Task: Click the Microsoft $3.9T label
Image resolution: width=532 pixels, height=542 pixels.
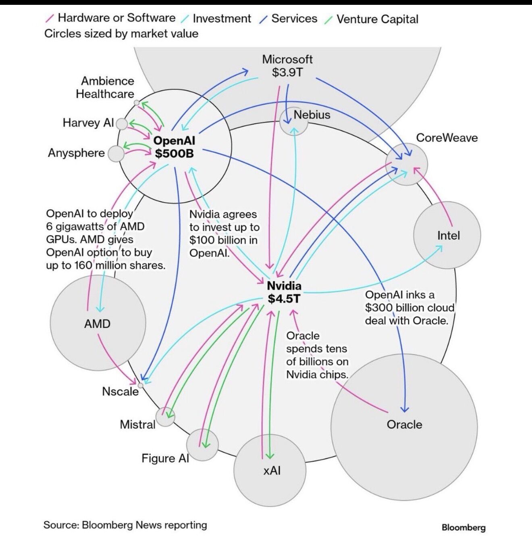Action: tap(287, 66)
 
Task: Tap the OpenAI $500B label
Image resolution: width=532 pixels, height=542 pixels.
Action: tap(174, 147)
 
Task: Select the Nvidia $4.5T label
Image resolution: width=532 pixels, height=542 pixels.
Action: tap(284, 292)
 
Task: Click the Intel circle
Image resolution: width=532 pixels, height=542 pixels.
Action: tap(447, 236)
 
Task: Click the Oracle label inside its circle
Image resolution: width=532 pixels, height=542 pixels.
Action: tap(404, 424)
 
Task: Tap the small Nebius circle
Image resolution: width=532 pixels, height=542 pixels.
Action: tap(293, 121)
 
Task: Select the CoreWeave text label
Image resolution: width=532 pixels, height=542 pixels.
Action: tap(447, 138)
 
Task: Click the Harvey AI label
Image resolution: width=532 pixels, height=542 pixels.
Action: tap(88, 123)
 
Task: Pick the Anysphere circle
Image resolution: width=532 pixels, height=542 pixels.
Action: tap(116, 154)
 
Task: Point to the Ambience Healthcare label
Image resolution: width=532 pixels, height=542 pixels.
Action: tap(106, 87)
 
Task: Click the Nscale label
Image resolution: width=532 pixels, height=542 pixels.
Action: tap(120, 391)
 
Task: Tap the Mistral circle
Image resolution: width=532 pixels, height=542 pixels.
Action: tap(165, 417)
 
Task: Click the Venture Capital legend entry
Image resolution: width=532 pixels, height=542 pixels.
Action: tap(377, 19)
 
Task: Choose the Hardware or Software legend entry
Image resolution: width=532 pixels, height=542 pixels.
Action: tap(116, 18)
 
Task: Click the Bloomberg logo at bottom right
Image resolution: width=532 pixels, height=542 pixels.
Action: tap(463, 527)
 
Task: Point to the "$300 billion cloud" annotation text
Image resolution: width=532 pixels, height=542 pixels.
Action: tap(409, 308)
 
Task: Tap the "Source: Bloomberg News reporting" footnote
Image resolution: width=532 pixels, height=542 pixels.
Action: tap(125, 525)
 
